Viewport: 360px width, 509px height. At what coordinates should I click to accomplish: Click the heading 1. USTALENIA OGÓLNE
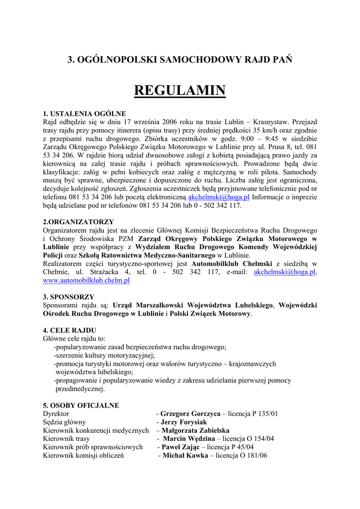[x=84, y=113]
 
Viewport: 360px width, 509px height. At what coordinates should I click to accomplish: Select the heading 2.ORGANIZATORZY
[x=79, y=222]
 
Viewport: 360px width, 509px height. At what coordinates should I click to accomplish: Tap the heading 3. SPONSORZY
[x=69, y=297]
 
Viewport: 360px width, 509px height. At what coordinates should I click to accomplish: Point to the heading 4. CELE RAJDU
[x=70, y=330]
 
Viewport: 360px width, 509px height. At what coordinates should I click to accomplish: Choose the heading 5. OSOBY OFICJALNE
[x=81, y=405]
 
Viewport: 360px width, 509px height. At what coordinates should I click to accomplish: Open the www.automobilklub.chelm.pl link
[x=87, y=280]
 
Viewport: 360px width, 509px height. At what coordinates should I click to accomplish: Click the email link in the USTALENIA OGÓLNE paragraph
[x=219, y=197]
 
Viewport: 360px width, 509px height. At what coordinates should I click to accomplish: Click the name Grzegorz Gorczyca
[x=190, y=414]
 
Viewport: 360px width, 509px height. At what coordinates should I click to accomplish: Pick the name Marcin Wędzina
[x=189, y=439]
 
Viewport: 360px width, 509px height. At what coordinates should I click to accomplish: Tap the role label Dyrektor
[x=56, y=414]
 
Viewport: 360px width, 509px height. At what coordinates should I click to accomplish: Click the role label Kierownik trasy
[x=67, y=439]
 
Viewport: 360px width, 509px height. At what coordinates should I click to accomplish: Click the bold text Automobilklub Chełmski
[x=230, y=263]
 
